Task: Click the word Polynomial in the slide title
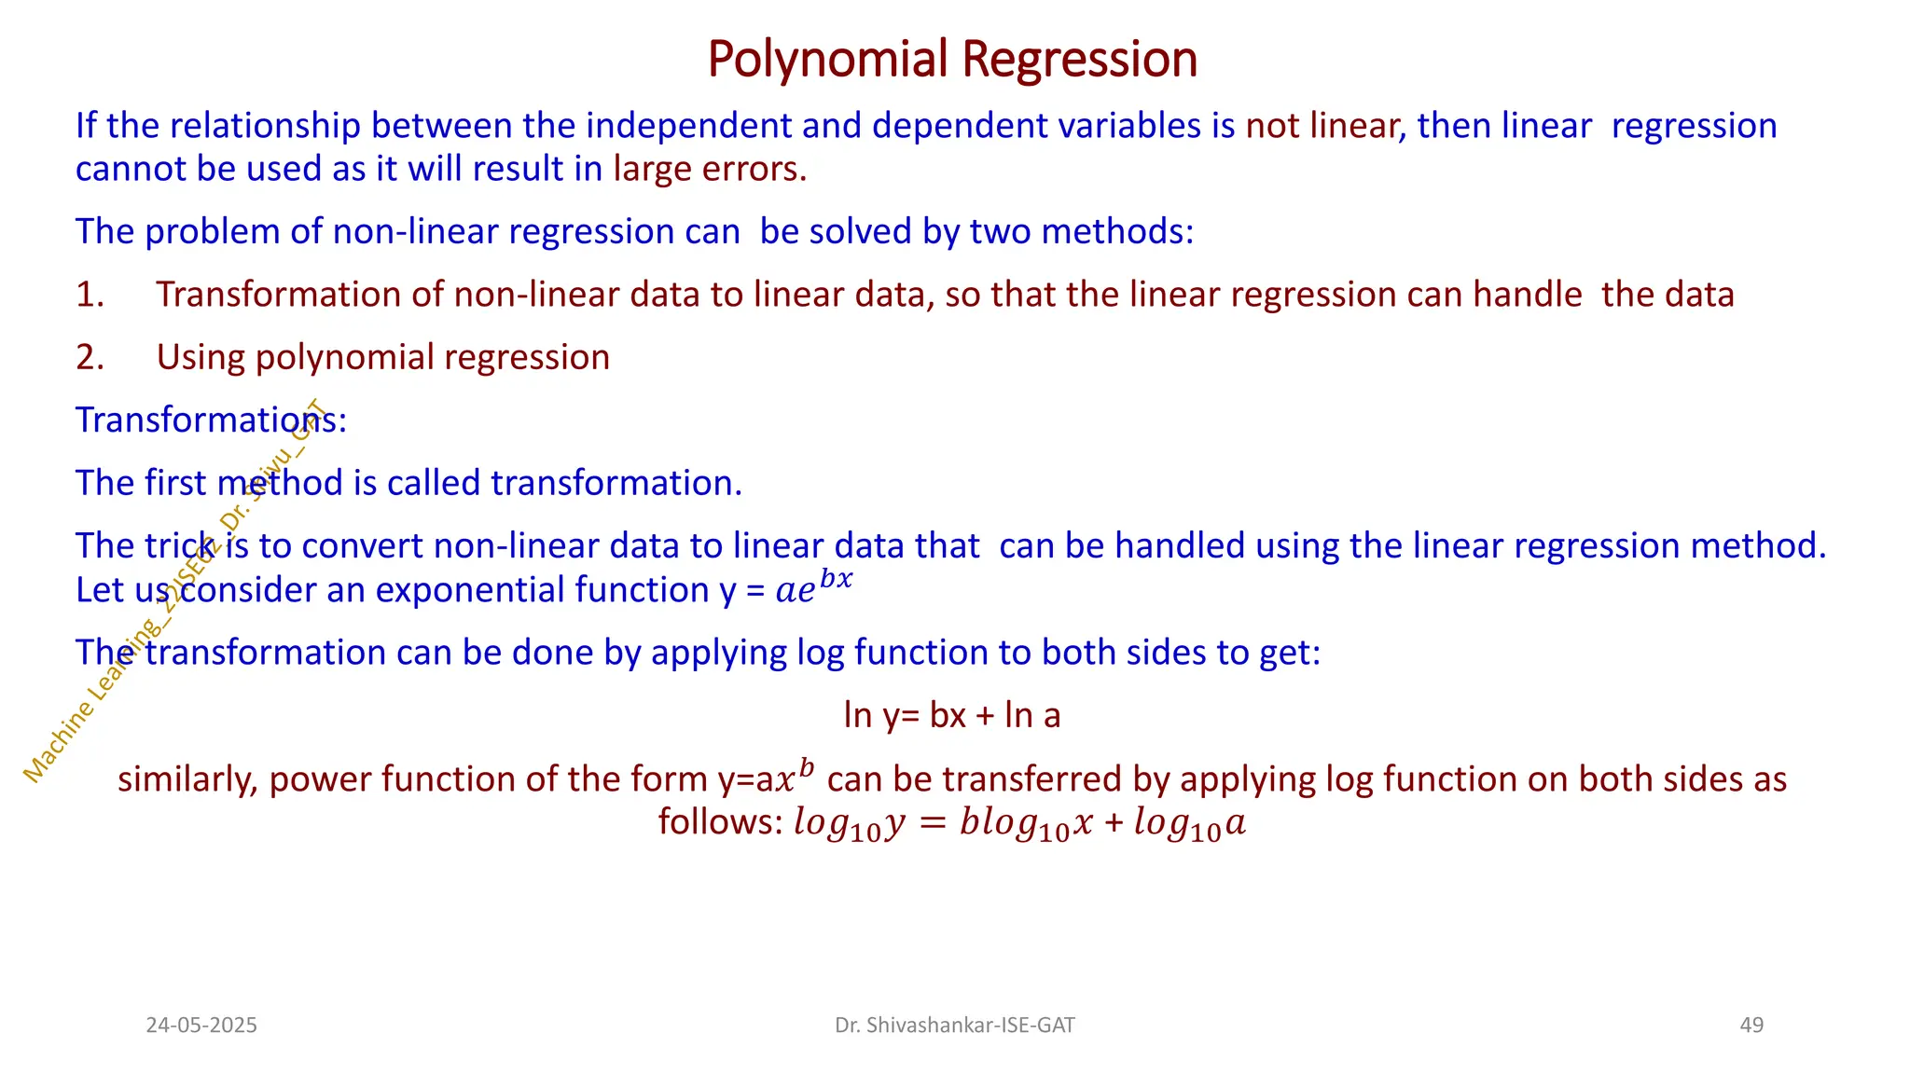pyautogui.click(x=827, y=60)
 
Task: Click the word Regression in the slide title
pyautogui.click(x=1079, y=60)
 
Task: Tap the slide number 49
pyautogui.click(x=1751, y=1026)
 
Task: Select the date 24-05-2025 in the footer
pyautogui.click(x=201, y=1026)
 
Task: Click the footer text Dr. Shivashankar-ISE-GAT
pyautogui.click(x=954, y=1026)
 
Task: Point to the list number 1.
pyautogui.click(x=90, y=295)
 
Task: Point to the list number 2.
pyautogui.click(x=90, y=358)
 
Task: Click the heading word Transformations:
pyautogui.click(x=211, y=420)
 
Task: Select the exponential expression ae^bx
pyautogui.click(x=813, y=587)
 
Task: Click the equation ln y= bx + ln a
pyautogui.click(x=952, y=716)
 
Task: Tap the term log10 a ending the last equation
pyautogui.click(x=1190, y=825)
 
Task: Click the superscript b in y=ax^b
pyautogui.click(x=807, y=768)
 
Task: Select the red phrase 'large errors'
pyautogui.click(x=709, y=169)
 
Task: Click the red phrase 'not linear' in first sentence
pyautogui.click(x=1324, y=126)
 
